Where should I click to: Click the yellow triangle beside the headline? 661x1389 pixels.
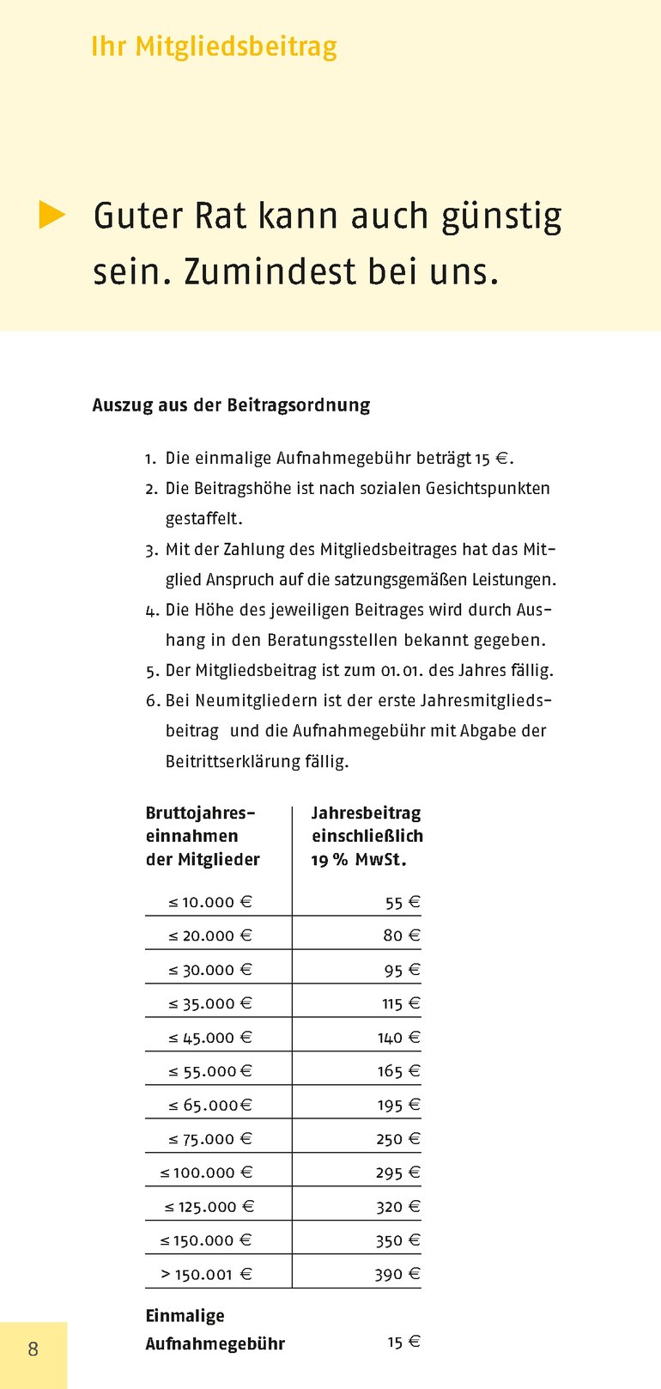coord(52,215)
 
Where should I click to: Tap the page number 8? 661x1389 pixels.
coord(33,1349)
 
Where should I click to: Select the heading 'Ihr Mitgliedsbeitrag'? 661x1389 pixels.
coord(214,46)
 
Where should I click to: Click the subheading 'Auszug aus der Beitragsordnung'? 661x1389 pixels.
coord(231,405)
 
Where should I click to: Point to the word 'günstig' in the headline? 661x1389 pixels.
coord(501,216)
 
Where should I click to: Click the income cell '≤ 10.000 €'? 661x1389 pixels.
coord(210,902)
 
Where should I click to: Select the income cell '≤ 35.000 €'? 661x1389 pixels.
coord(210,1003)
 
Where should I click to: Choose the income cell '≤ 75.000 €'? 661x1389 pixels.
coord(210,1139)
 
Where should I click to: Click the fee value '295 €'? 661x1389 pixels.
coord(398,1173)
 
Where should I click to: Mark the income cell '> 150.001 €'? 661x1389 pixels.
coord(207,1274)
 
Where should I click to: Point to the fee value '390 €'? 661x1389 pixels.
coord(397,1274)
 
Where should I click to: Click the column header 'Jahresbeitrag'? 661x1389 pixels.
coord(366,813)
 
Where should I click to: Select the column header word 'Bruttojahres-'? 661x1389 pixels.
coord(201,813)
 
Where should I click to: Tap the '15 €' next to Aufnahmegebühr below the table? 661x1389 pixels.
coord(403,1342)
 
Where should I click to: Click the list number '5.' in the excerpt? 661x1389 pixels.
coord(153,671)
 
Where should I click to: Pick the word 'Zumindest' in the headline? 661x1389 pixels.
coord(270,271)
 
